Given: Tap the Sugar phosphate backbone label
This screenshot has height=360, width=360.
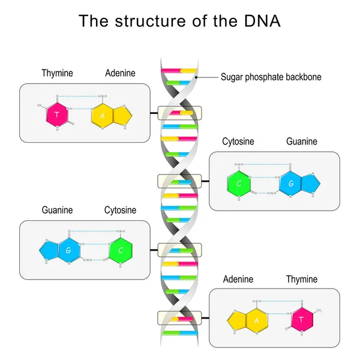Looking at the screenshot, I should [271, 77].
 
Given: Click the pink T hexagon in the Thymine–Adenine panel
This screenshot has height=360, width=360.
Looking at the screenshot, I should [56, 114].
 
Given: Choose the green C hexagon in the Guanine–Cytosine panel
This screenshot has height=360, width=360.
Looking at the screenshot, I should [121, 250].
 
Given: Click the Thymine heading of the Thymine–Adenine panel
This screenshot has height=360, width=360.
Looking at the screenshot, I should [58, 73].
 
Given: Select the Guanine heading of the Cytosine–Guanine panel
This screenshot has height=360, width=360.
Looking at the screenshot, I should [301, 142].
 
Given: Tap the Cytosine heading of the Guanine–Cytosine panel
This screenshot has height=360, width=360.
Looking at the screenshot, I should [120, 211].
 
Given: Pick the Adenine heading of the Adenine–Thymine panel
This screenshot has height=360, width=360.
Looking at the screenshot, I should [238, 280].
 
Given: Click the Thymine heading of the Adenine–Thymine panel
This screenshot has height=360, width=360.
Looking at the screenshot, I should [301, 280].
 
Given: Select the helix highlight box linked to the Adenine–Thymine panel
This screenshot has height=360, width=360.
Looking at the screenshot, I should [179, 317].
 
